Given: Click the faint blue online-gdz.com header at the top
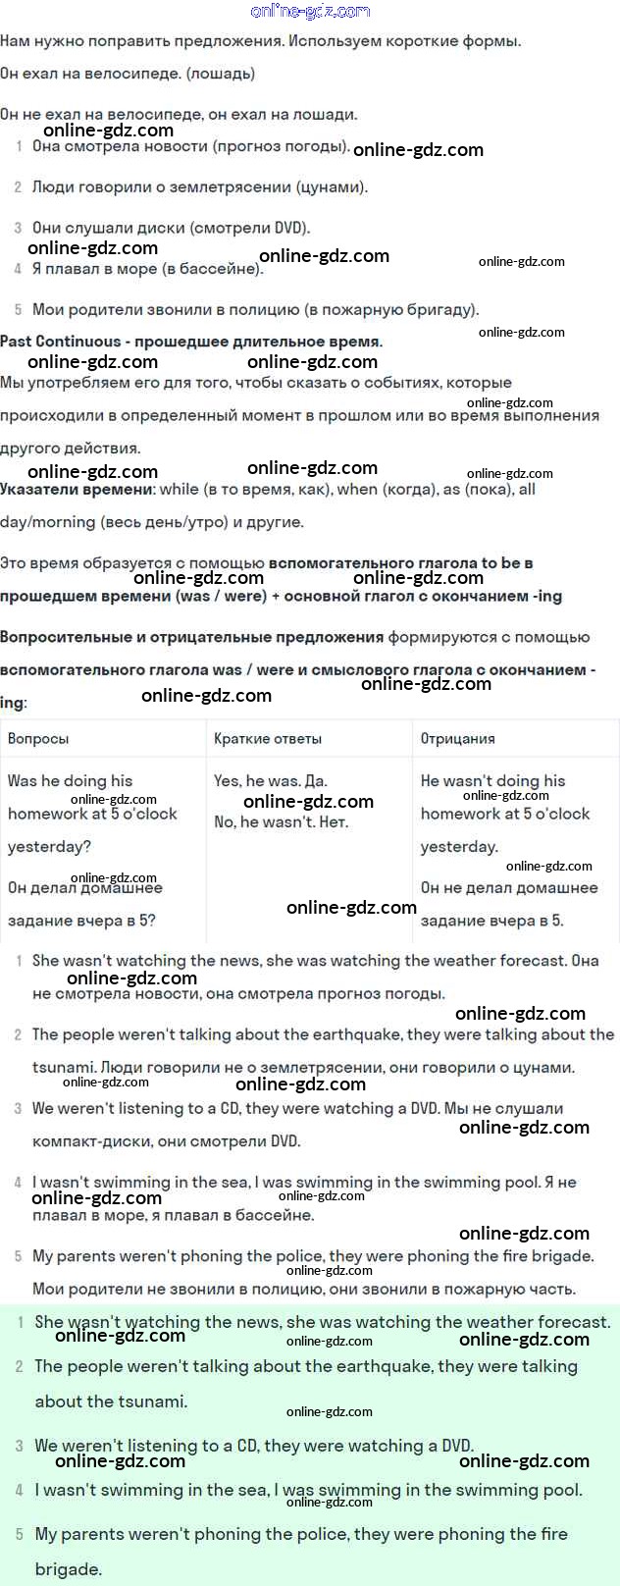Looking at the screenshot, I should point(310,11).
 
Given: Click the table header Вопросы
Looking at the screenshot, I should point(38,738).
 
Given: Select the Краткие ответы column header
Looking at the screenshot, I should point(268,738).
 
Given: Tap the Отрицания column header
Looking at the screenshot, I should point(457,738).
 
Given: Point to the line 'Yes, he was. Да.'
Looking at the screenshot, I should point(271,781).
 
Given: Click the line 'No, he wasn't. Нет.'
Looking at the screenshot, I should point(281,822).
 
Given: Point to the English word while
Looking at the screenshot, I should point(179,489).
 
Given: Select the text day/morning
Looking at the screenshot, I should point(48,522).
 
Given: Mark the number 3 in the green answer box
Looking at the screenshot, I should point(19,1446).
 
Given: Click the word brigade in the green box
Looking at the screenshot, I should point(69,1569).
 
